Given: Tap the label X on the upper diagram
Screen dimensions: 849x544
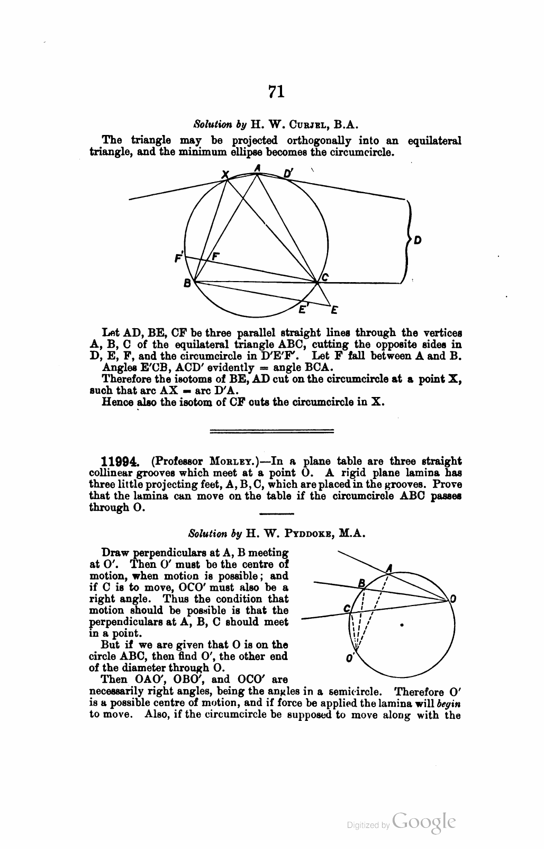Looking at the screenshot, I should (x=224, y=174).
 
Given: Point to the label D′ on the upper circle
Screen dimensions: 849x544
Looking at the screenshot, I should (x=288, y=173).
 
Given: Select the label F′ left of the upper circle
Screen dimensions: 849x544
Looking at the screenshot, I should (x=179, y=258).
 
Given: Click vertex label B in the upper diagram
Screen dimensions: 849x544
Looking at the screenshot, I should (x=187, y=284).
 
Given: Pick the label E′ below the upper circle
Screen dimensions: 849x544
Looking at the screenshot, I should (x=303, y=309).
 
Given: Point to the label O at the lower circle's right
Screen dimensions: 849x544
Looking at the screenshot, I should (x=453, y=599).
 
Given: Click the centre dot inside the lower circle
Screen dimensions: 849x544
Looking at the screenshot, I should (x=403, y=625).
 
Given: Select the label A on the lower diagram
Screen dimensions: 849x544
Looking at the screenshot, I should (x=389, y=568).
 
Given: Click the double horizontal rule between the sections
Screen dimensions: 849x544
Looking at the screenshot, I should (x=272, y=430).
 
